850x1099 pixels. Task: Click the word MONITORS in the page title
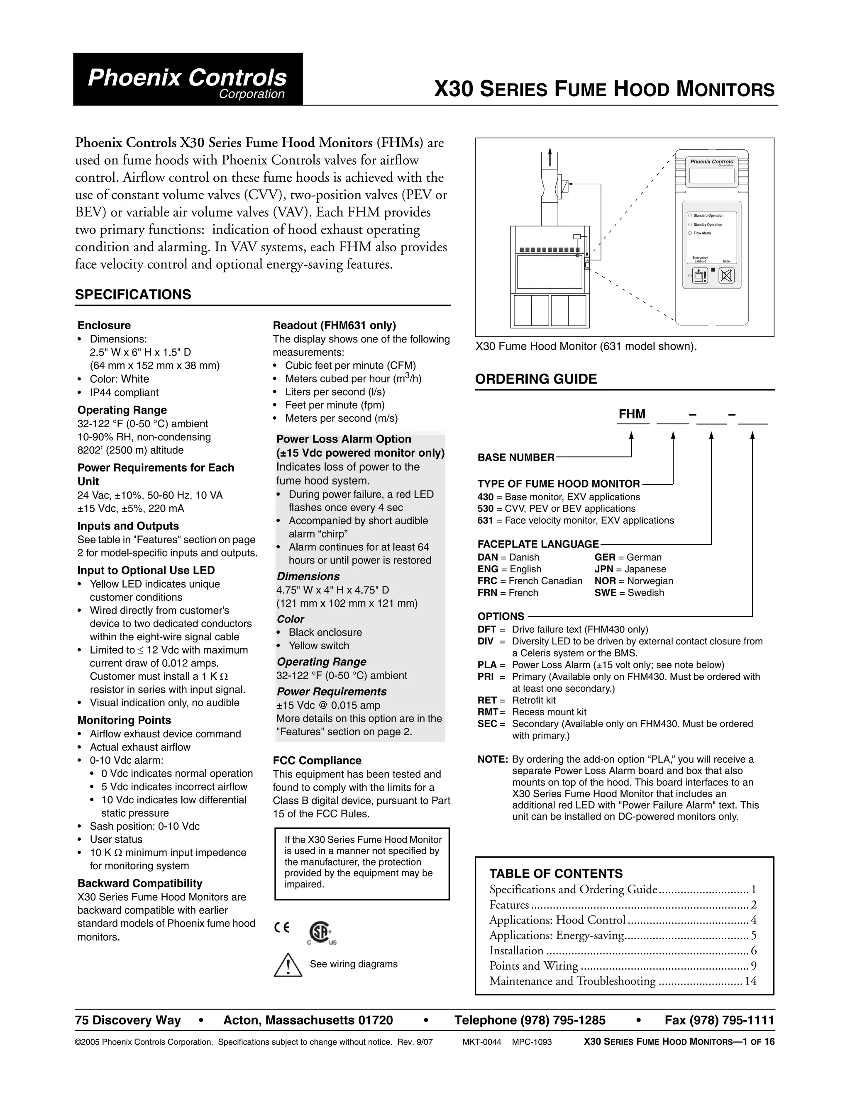pos(725,90)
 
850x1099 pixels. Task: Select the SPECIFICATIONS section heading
pos(133,294)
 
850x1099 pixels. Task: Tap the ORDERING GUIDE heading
pos(536,379)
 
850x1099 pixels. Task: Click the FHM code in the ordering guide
pos(632,414)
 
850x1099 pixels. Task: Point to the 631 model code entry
pos(485,520)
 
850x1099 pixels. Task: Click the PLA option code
pos(486,665)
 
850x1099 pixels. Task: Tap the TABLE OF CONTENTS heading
pos(556,873)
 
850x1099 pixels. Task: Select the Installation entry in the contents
pos(516,951)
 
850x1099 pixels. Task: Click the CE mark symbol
pos(282,928)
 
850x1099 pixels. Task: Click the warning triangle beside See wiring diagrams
pos(288,965)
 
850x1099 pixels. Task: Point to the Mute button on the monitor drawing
pos(726,275)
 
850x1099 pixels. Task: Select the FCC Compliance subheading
pos(317,760)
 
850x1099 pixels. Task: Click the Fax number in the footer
pos(719,1020)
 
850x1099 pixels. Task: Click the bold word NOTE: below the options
pos(492,759)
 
